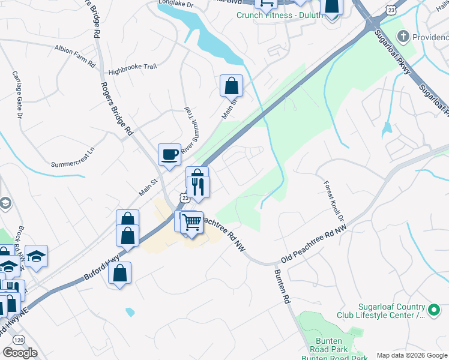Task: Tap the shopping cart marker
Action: tap(192, 223)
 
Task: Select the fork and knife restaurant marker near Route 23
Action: tap(198, 186)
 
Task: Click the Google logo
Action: tap(20, 353)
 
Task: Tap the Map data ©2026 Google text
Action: tap(411, 355)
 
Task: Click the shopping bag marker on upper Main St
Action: tap(231, 87)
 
